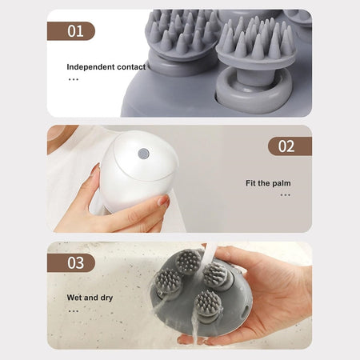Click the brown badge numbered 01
[71, 31]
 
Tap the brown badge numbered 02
[290, 146]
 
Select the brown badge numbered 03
[71, 263]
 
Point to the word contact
[131, 67]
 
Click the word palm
[282, 183]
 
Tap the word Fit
[250, 183]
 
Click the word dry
[106, 298]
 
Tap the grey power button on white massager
[144, 154]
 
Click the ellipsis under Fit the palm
[285, 195]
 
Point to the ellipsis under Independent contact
[74, 79]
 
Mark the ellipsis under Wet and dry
[74, 311]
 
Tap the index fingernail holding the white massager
[94, 170]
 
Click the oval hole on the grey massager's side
[245, 311]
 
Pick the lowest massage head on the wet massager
[208, 304]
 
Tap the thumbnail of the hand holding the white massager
[163, 201]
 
